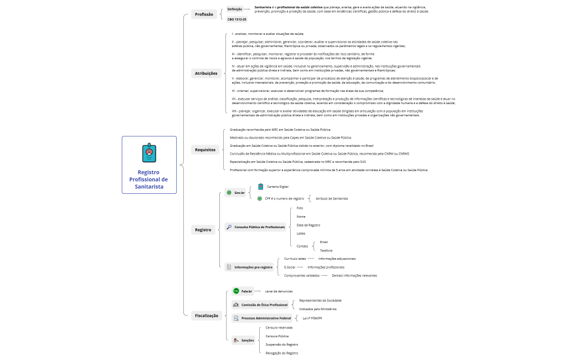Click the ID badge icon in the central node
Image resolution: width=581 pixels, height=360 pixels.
(x=148, y=152)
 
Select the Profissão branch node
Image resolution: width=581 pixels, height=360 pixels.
(x=204, y=14)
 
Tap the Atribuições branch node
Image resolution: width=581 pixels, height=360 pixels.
(x=206, y=73)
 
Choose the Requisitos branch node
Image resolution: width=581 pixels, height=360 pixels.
(x=205, y=150)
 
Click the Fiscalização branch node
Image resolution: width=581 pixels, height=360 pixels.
(x=207, y=316)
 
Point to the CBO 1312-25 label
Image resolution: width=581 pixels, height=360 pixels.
(x=237, y=19)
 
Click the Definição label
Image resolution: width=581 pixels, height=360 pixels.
(x=235, y=9)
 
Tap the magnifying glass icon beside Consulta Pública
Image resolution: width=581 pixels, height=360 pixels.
(x=229, y=227)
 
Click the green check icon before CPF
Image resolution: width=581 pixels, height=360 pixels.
(x=260, y=198)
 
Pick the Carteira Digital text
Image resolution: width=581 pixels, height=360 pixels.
(x=277, y=187)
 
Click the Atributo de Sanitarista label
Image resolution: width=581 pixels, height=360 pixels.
(x=332, y=198)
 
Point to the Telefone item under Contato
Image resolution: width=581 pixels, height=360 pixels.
(x=326, y=250)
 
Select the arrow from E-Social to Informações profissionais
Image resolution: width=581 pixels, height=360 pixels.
(x=300, y=267)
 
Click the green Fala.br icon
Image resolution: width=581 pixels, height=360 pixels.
(x=236, y=291)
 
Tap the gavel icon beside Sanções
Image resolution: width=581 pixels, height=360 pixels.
(x=236, y=340)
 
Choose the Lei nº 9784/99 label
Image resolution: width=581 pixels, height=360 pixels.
(x=312, y=318)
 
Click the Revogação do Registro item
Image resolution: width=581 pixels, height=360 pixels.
(x=282, y=353)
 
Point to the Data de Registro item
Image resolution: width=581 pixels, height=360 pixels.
(x=308, y=225)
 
